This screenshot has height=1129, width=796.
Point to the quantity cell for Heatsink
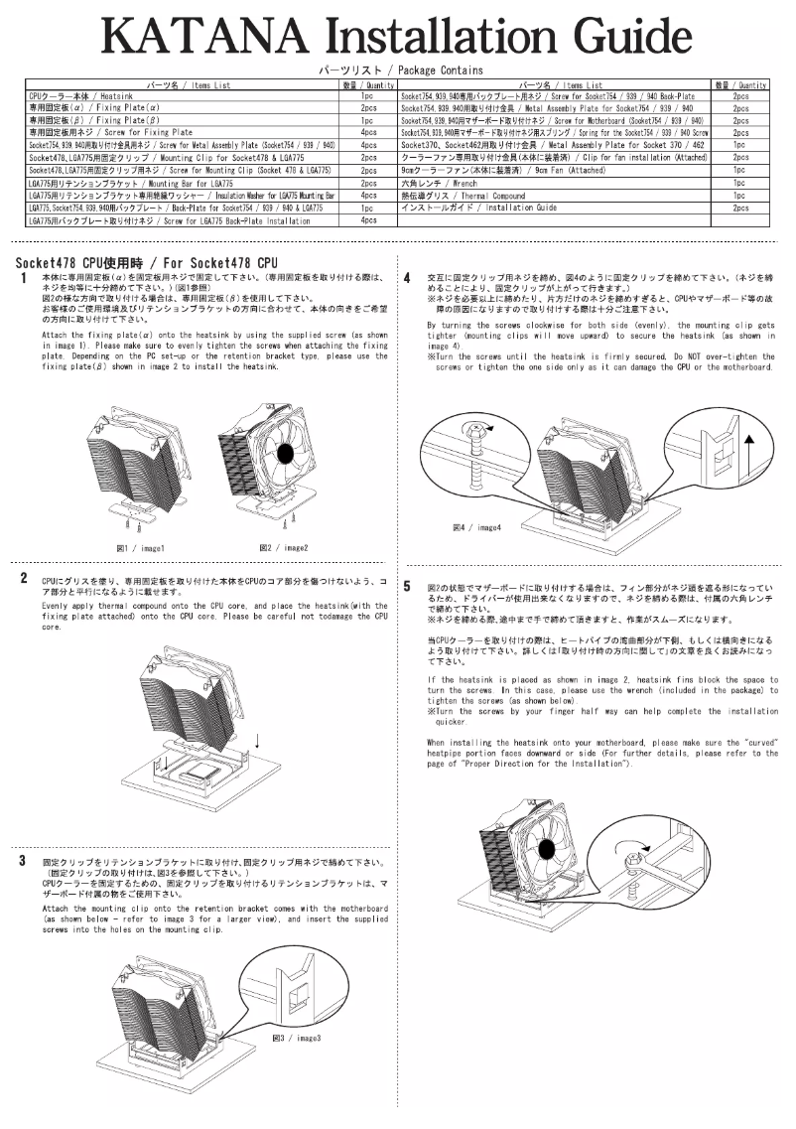[x=367, y=96]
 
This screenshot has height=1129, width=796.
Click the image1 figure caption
[x=140, y=548]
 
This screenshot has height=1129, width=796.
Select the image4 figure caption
[x=476, y=527]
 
